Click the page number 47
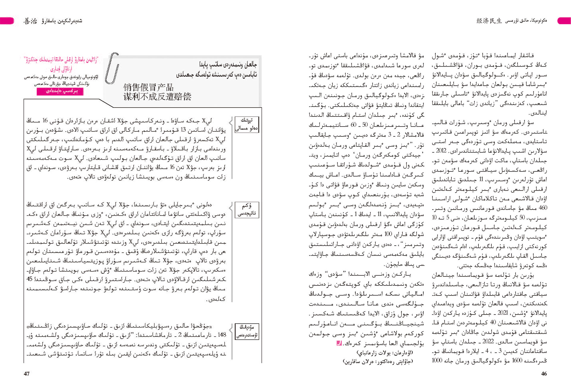pos(27,374)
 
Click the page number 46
pos(544,374)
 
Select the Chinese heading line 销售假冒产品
pos(148,87)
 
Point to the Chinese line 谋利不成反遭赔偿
pos(157,97)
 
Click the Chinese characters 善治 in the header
pos(30,21)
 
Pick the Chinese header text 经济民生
pos(489,21)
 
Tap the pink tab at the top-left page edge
pos(7,21)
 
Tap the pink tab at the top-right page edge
pos(564,21)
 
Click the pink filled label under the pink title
pos(60,91)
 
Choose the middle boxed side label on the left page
pos(247,210)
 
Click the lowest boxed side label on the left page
pos(247,331)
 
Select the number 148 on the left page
pos(222,335)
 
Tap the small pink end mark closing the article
pos(338,343)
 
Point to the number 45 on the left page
pos(29,279)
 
